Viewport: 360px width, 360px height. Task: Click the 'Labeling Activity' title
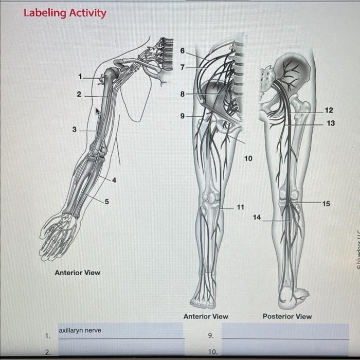(x=65, y=13)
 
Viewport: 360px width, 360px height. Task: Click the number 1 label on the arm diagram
(x=80, y=77)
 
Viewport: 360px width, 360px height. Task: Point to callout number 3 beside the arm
(x=74, y=130)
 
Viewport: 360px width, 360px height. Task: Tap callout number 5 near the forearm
(x=107, y=202)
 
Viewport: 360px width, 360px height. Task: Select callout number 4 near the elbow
(x=114, y=180)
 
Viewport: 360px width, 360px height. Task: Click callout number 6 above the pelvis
(x=182, y=50)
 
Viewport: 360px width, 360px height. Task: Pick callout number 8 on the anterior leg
(x=182, y=94)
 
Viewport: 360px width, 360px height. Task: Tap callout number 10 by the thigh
(x=248, y=159)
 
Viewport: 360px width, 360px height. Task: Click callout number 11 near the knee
(x=240, y=207)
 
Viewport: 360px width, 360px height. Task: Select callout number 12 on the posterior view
(x=329, y=111)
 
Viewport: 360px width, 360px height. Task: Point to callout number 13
(x=331, y=123)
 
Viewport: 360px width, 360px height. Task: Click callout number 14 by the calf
(x=257, y=218)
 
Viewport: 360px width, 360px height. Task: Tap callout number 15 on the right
(x=327, y=204)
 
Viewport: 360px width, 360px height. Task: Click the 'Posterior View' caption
(x=287, y=316)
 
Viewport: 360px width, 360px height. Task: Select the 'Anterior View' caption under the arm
(x=78, y=272)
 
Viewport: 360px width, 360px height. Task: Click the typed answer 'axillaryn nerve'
(x=80, y=330)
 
